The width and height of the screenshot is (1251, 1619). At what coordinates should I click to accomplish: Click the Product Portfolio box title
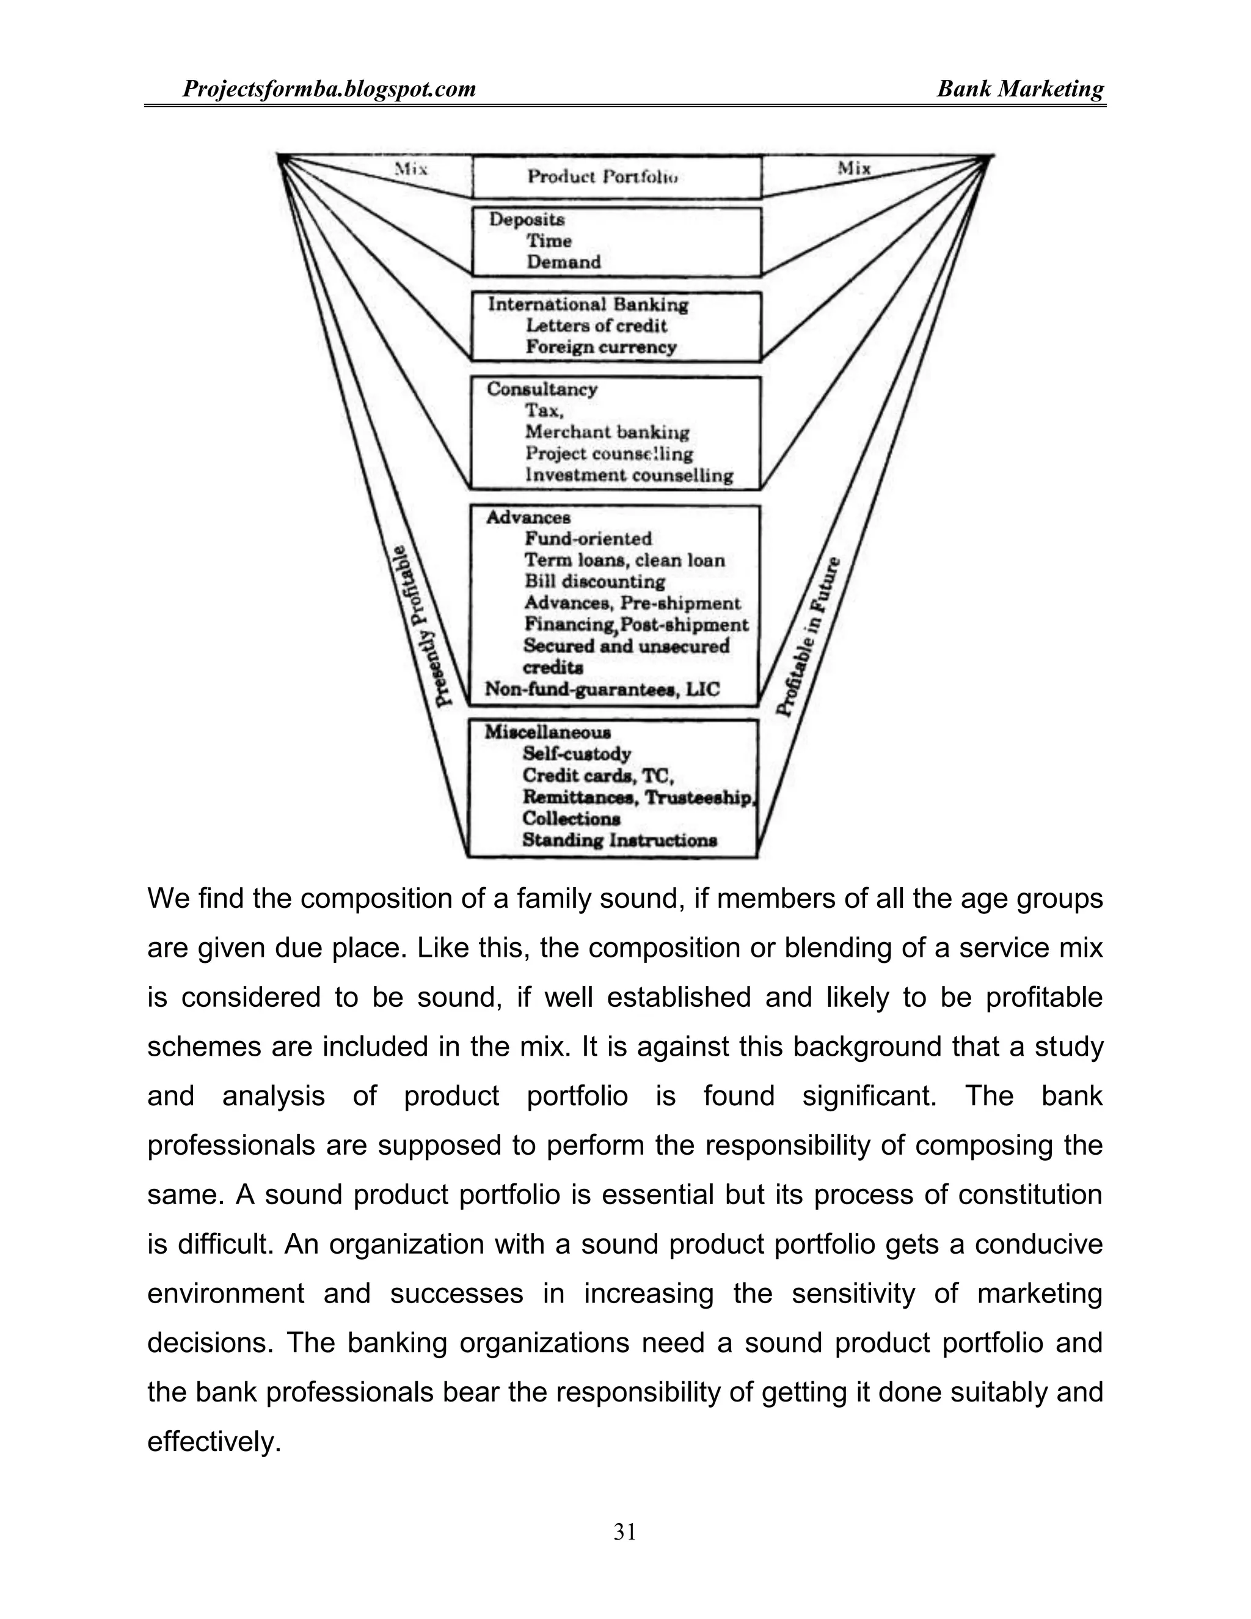pos(604,177)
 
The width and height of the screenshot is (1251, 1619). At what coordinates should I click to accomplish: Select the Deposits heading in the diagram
pos(527,219)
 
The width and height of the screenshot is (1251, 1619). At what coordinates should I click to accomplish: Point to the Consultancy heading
pos(542,389)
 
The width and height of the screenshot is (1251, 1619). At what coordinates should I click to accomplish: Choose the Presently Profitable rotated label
pos(421,626)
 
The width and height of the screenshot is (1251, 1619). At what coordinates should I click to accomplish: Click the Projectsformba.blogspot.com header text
pos(329,89)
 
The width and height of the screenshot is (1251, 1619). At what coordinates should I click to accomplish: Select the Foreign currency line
pos(601,347)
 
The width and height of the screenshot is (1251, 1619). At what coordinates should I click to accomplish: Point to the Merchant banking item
pos(607,431)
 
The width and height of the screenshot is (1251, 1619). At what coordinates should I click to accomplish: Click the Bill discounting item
pos(594,581)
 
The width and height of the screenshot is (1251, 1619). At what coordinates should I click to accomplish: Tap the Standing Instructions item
pos(619,840)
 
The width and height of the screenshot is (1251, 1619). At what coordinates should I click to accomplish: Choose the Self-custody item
pos(577,754)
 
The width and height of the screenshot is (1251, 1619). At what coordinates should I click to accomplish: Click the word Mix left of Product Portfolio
pos(412,169)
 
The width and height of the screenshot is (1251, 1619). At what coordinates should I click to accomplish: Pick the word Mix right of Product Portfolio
pos(854,167)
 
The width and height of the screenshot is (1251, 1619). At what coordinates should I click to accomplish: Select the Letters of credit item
pos(597,326)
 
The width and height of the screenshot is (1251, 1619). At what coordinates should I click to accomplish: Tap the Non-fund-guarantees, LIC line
pos(602,689)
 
